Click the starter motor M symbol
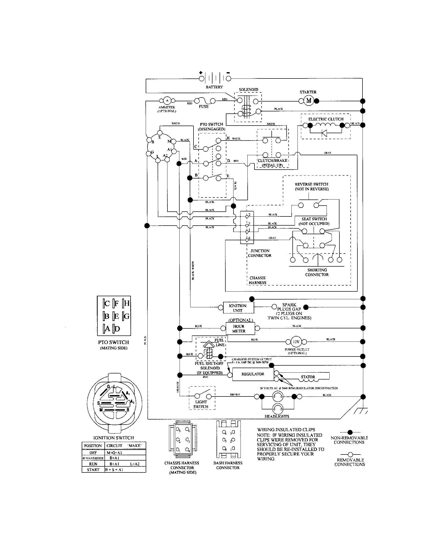coord(309,101)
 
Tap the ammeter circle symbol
coord(167,101)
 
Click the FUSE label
coord(204,107)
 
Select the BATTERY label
coord(214,87)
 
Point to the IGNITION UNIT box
coord(238,308)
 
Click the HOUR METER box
coord(240,328)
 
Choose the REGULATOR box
coord(253,374)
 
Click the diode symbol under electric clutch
coord(324,133)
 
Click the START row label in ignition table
coord(93,469)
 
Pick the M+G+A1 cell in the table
coord(114,453)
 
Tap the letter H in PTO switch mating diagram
coord(127,303)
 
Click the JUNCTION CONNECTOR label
coord(260,253)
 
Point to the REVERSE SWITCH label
coord(311,186)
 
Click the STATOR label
coord(308,377)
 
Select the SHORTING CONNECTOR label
coord(317,272)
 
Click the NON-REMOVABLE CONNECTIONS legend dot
coord(350,432)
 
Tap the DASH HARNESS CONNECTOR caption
coord(228,465)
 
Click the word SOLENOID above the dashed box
coord(248,90)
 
